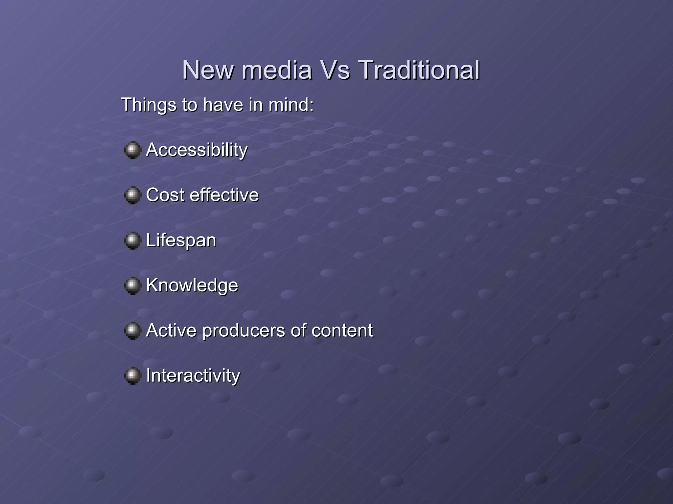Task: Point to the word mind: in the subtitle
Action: pos(291,105)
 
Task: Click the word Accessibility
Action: pos(197,150)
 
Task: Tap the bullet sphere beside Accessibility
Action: pos(132,150)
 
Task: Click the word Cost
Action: pos(165,195)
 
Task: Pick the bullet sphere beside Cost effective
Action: pos(132,195)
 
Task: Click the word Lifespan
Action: pos(181,241)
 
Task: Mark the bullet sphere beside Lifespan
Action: pos(132,241)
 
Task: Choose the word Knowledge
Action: pos(192,285)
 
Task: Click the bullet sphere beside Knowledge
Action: pos(132,285)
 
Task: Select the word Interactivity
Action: pos(193,375)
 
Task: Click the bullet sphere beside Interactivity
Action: pos(132,376)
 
